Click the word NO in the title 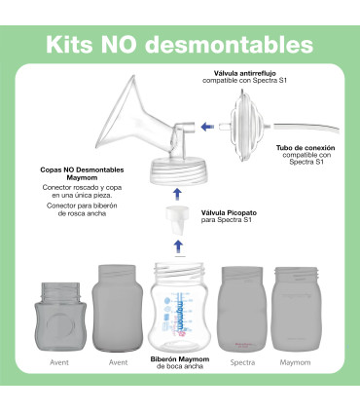(x=127, y=46)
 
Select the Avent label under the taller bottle (x=119, y=361)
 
